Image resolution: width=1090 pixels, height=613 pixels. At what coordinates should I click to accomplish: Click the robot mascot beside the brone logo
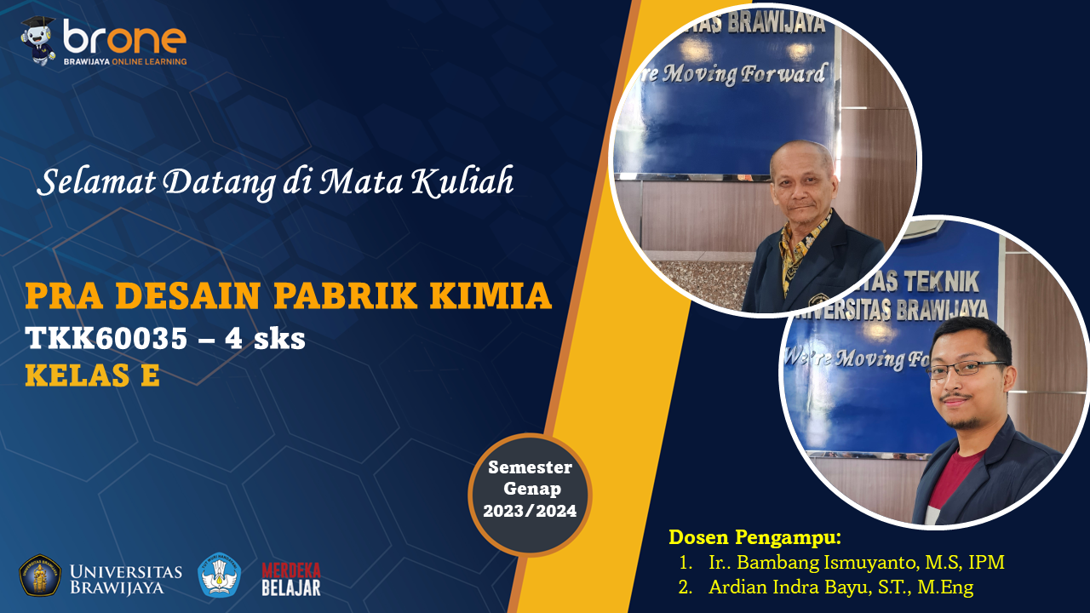[x=38, y=40]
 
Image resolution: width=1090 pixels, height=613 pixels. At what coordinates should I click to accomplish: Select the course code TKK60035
[x=106, y=338]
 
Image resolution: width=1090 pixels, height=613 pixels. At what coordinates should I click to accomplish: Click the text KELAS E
[x=93, y=375]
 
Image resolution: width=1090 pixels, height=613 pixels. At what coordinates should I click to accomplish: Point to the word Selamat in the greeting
[x=96, y=182]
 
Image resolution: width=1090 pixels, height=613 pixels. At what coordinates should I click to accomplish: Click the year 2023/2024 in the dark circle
[x=530, y=511]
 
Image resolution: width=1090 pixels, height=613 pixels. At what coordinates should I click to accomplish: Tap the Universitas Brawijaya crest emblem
[x=40, y=576]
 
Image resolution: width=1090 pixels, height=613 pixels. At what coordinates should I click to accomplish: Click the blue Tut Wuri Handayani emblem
[x=220, y=575]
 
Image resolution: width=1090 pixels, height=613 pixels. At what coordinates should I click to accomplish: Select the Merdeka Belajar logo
[x=291, y=579]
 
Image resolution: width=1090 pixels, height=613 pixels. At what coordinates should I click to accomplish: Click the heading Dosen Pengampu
[x=754, y=537]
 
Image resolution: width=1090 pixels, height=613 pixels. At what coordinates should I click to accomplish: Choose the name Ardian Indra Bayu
[x=789, y=587]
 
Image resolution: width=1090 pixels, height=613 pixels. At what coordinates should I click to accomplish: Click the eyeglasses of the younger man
[x=966, y=370]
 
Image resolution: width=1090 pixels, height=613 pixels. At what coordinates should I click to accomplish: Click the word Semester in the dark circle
[x=530, y=467]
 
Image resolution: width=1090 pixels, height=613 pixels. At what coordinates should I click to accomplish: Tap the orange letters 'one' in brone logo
[x=146, y=40]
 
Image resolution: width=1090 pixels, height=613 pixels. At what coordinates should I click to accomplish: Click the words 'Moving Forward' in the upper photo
[x=744, y=74]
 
